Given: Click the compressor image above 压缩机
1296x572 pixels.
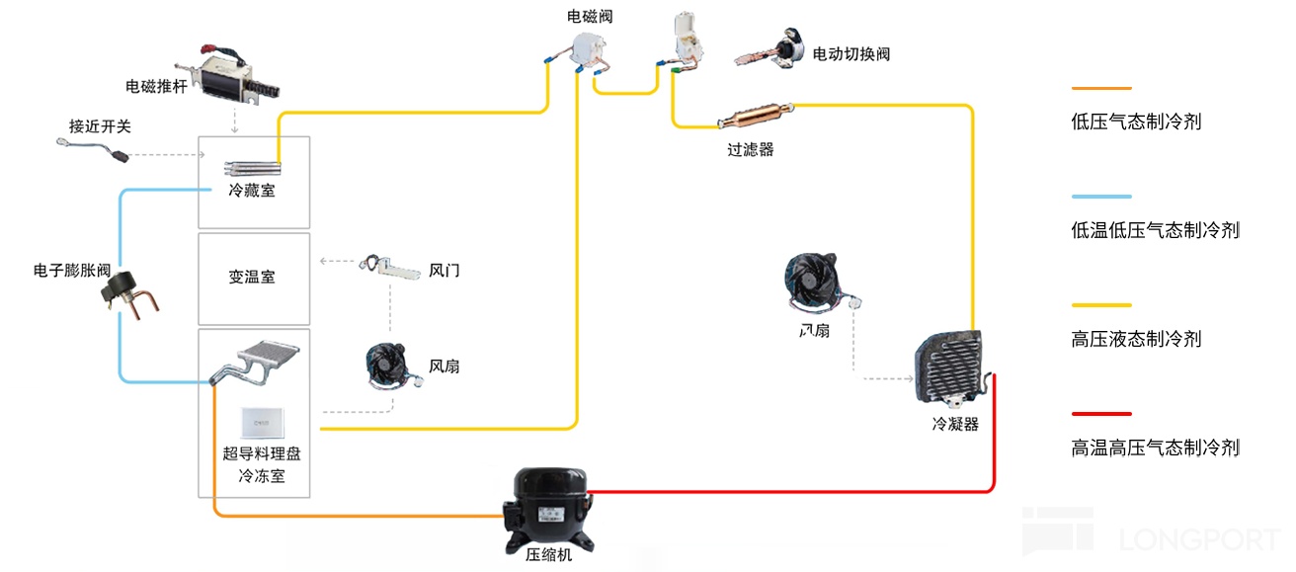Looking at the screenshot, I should [547, 507].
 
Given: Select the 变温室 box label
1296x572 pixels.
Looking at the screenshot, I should [252, 278].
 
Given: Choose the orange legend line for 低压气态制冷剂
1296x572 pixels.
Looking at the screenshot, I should [1101, 89].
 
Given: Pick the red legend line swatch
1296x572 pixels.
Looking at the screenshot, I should [1101, 414].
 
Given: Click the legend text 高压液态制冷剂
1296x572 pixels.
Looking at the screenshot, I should [1136, 339].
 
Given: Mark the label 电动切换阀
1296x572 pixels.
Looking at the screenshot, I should [850, 54].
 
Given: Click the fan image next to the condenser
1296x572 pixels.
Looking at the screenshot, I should [816, 281].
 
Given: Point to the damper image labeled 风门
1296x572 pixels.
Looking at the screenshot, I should [390, 267].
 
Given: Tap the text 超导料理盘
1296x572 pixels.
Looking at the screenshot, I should [262, 454].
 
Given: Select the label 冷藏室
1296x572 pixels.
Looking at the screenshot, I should [252, 191].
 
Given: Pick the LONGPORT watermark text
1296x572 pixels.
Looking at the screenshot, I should [1199, 540].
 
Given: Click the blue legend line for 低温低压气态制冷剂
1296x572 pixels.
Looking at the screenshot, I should [1101, 197].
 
